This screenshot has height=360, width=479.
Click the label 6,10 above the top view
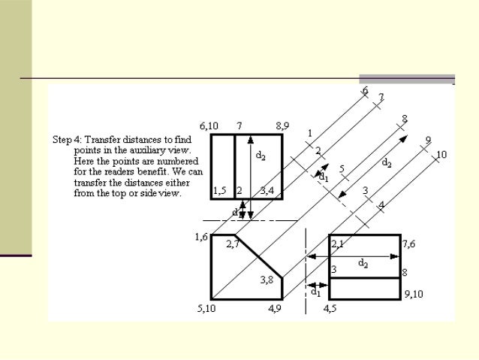[209, 126]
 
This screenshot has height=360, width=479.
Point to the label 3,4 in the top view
[267, 191]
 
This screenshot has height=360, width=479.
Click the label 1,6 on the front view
[201, 237]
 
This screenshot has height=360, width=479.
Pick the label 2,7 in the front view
[233, 244]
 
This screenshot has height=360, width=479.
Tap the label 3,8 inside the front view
[267, 280]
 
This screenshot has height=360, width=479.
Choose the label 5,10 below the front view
[207, 308]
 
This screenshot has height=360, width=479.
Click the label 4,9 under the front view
[275, 308]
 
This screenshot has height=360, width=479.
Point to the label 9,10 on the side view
[413, 294]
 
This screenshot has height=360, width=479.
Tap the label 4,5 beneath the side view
[331, 308]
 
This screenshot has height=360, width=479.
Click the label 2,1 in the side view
[337, 244]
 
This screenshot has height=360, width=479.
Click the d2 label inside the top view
[260, 156]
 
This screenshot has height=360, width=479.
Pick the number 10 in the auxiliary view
[441, 154]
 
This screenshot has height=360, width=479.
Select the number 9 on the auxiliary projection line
[427, 140]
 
